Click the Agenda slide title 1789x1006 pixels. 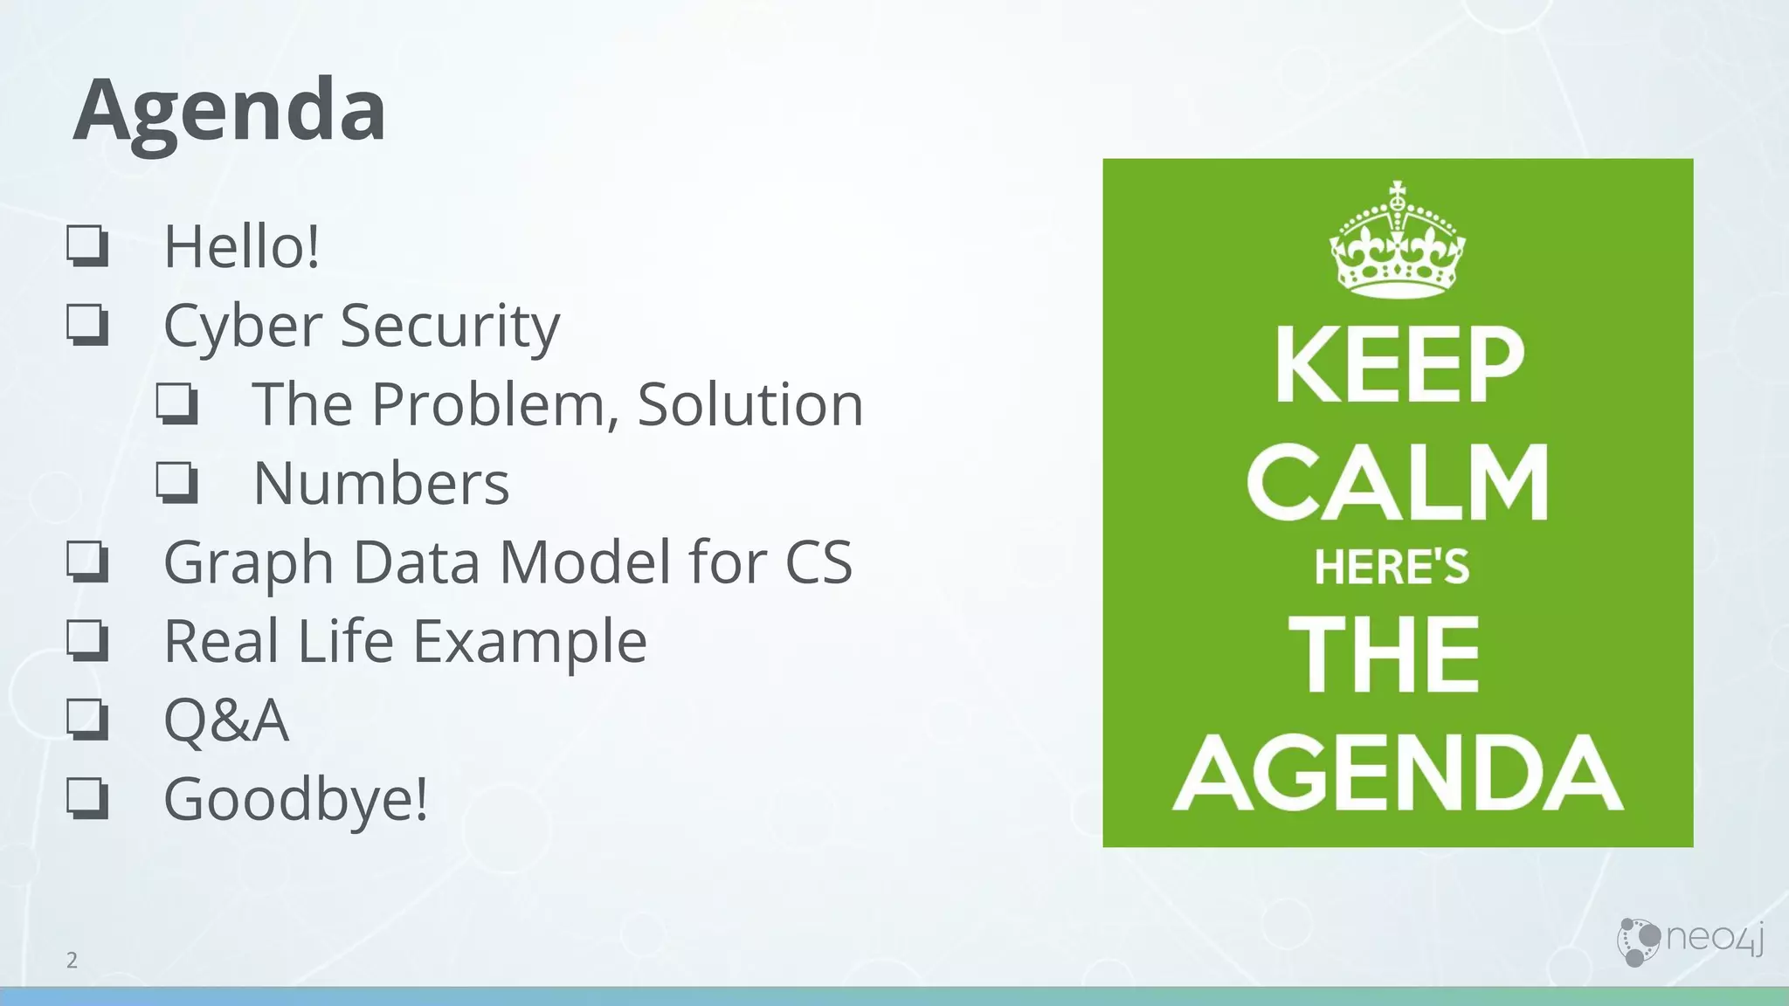(x=229, y=110)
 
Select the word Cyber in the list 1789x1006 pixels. (x=243, y=326)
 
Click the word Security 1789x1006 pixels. (x=450, y=326)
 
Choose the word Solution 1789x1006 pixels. (x=750, y=404)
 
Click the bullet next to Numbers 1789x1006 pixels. (x=177, y=482)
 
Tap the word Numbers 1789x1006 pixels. (x=381, y=483)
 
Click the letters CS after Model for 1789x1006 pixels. (x=819, y=562)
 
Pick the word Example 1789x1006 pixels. (x=529, y=642)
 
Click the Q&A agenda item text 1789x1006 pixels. (x=226, y=720)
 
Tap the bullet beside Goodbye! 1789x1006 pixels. (x=88, y=798)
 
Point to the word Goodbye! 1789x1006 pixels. (x=296, y=799)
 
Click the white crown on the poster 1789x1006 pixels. (x=1397, y=241)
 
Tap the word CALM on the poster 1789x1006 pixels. (x=1398, y=482)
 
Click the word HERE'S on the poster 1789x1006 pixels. (x=1392, y=568)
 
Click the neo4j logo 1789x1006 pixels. (x=1689, y=941)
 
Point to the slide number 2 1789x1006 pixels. (x=72, y=961)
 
